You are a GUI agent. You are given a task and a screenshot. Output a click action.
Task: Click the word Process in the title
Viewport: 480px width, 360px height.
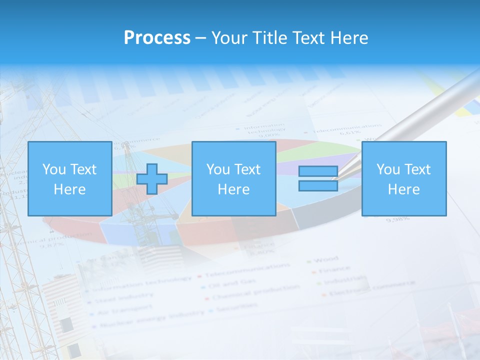point(157,38)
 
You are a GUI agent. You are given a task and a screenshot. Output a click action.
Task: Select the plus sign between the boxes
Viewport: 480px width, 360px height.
point(152,179)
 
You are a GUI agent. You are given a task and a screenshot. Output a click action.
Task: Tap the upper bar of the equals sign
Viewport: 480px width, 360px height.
point(318,171)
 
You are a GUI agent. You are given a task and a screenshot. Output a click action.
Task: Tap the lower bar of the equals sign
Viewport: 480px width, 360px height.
point(318,185)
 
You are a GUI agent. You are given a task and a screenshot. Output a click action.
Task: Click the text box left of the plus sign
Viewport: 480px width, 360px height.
point(70,179)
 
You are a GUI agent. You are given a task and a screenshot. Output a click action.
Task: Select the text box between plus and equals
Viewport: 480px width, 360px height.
point(233,179)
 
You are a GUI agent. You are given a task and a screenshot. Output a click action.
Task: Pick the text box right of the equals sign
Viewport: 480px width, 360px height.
point(403,179)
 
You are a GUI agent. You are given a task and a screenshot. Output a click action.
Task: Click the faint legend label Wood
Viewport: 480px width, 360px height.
point(328,259)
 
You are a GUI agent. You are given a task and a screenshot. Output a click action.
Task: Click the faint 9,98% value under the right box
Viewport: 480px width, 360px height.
point(398,218)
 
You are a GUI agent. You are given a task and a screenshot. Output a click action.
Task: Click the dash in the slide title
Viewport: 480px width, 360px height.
point(200,38)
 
